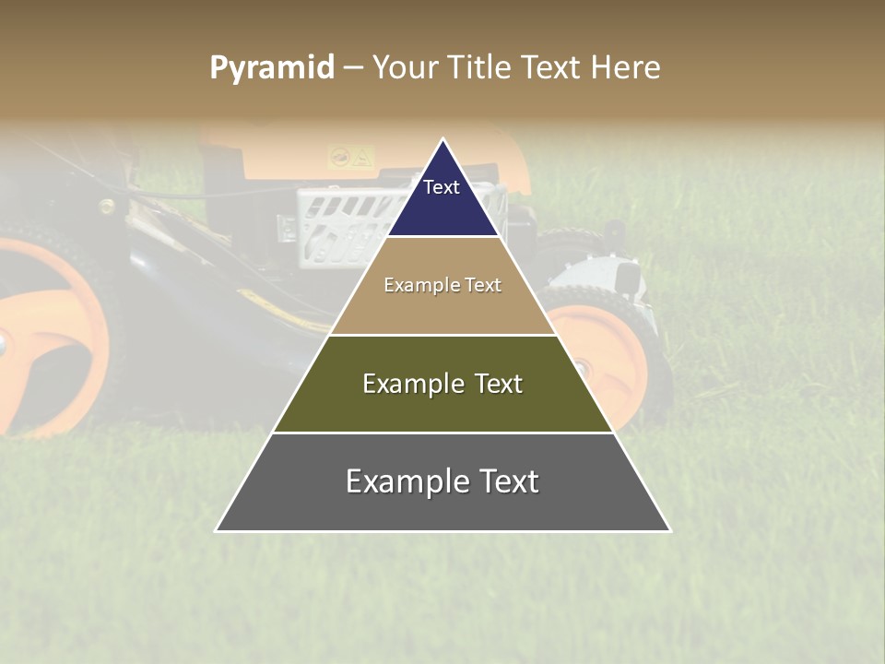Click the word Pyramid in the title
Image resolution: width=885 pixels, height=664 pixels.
tap(271, 68)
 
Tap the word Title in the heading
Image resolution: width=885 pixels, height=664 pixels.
tap(481, 68)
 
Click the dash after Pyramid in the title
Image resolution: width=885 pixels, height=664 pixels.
tap(353, 68)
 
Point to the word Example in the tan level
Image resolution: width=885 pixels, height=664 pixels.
tap(418, 285)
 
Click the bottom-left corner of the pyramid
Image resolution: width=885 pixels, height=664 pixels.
tap(216, 530)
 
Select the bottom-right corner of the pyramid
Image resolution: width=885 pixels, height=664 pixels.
tap(670, 530)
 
